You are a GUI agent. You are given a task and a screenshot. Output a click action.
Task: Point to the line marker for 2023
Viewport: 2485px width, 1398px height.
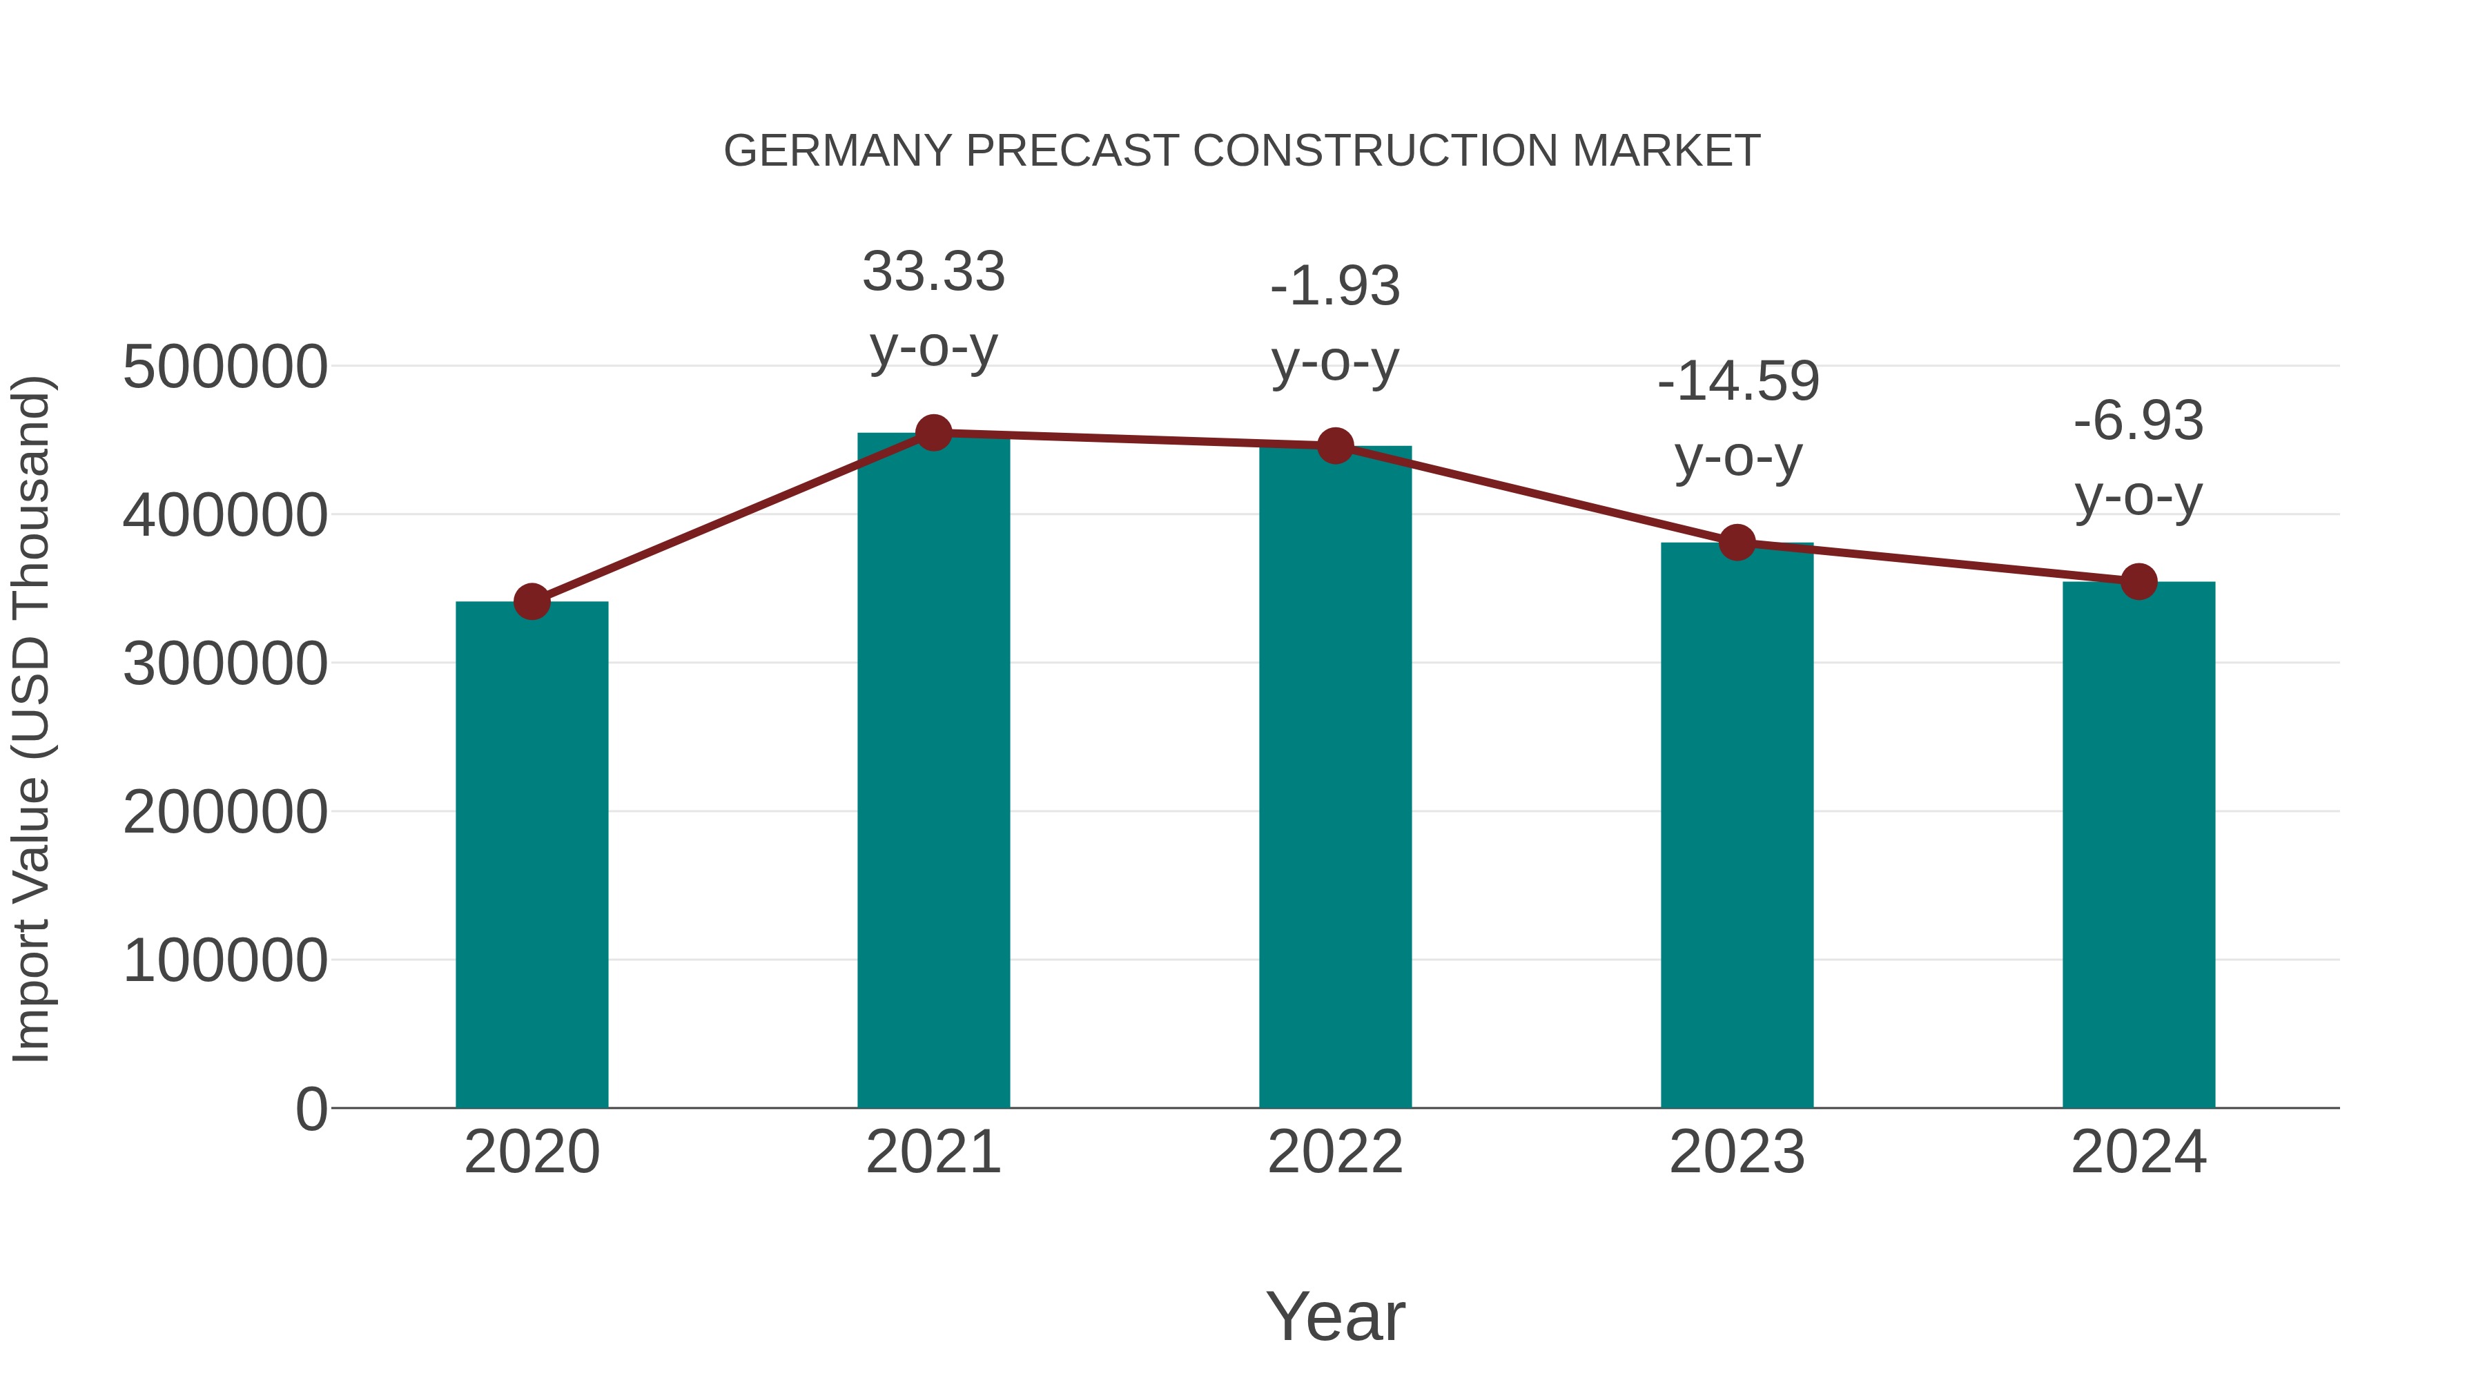coord(1737,542)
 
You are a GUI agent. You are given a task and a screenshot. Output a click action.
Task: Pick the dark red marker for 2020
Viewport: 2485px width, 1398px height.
coord(532,601)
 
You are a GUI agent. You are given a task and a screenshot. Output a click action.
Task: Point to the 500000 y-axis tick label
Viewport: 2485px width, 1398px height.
coord(225,367)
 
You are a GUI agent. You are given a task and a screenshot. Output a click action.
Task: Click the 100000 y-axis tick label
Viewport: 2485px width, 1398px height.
coord(225,961)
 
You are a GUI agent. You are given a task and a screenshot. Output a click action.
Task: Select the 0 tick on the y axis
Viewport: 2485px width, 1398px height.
coord(311,1109)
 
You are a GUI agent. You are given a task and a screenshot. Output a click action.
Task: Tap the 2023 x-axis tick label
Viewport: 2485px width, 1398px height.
coord(1737,1152)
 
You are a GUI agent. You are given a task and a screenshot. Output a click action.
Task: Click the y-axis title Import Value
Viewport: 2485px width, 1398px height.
coord(31,719)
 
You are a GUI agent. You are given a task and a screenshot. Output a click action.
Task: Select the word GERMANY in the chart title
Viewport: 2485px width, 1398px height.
coord(837,151)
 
